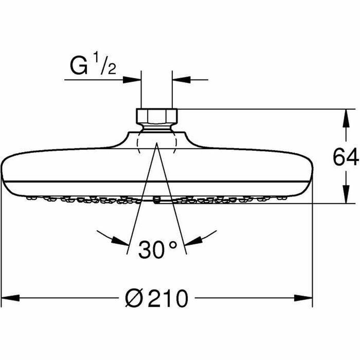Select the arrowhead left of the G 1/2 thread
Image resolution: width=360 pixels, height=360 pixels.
click(x=132, y=80)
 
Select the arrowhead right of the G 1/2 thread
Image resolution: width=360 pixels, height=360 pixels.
click(x=182, y=80)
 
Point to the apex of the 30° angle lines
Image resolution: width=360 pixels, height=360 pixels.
click(x=156, y=145)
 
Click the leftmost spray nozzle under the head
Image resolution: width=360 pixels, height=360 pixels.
click(x=29, y=198)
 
